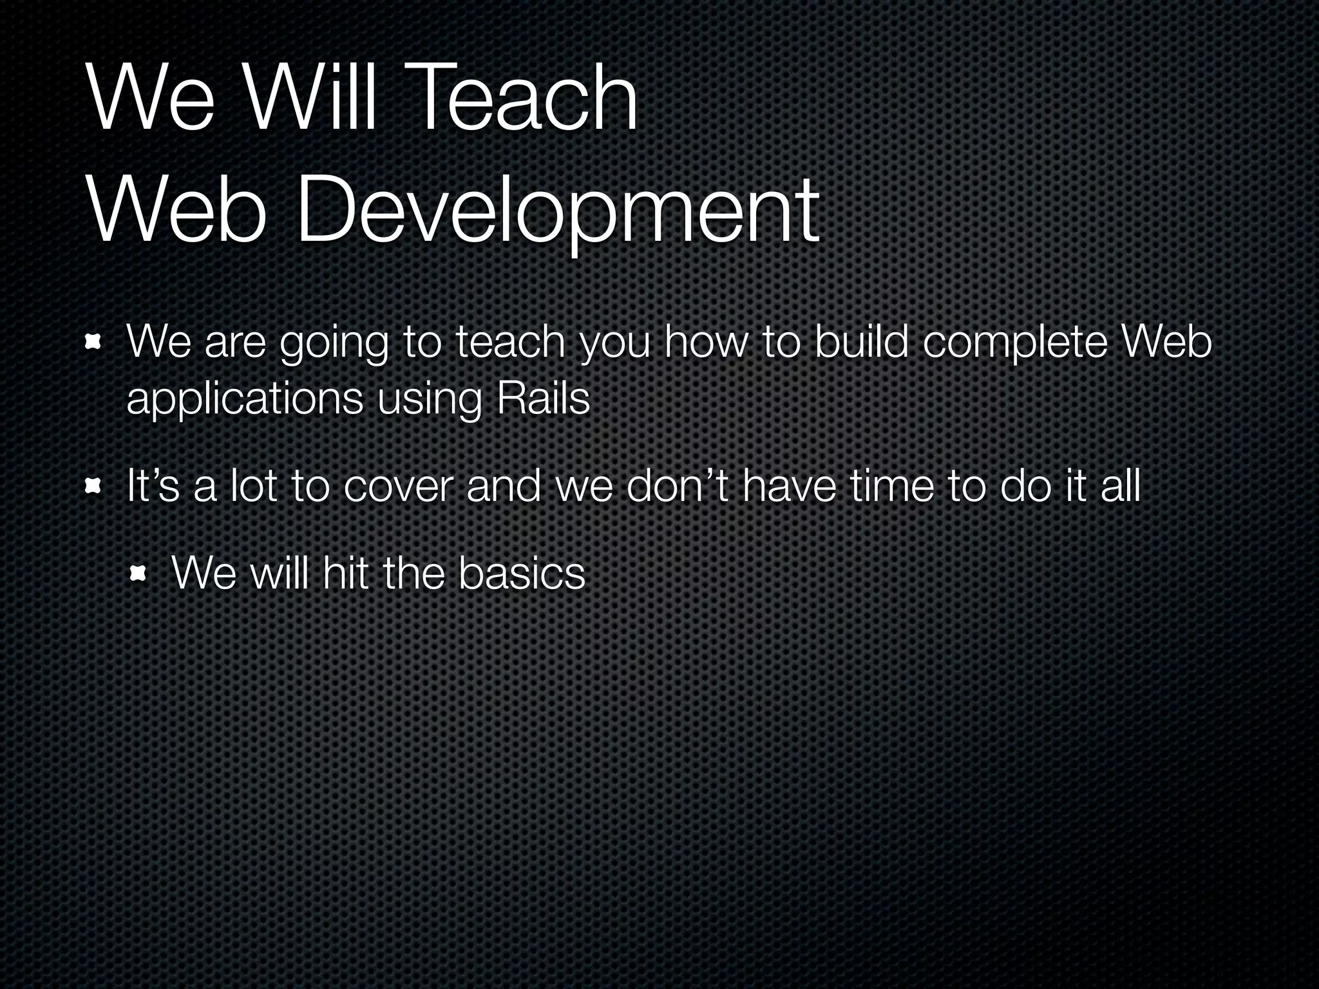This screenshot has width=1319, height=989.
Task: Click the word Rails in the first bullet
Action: [x=543, y=399]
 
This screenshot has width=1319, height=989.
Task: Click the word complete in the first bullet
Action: [x=1016, y=344]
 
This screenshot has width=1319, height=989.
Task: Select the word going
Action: [x=334, y=344]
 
